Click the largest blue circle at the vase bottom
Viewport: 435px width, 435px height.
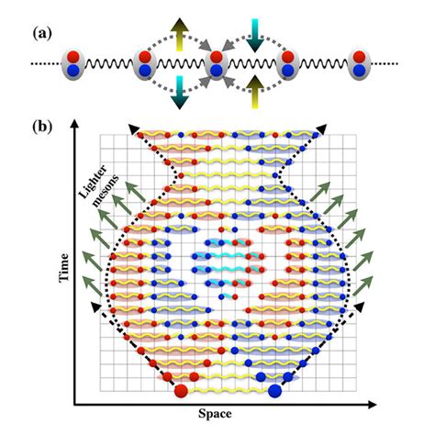point(273,392)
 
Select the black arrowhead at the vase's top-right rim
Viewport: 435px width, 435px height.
point(322,129)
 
